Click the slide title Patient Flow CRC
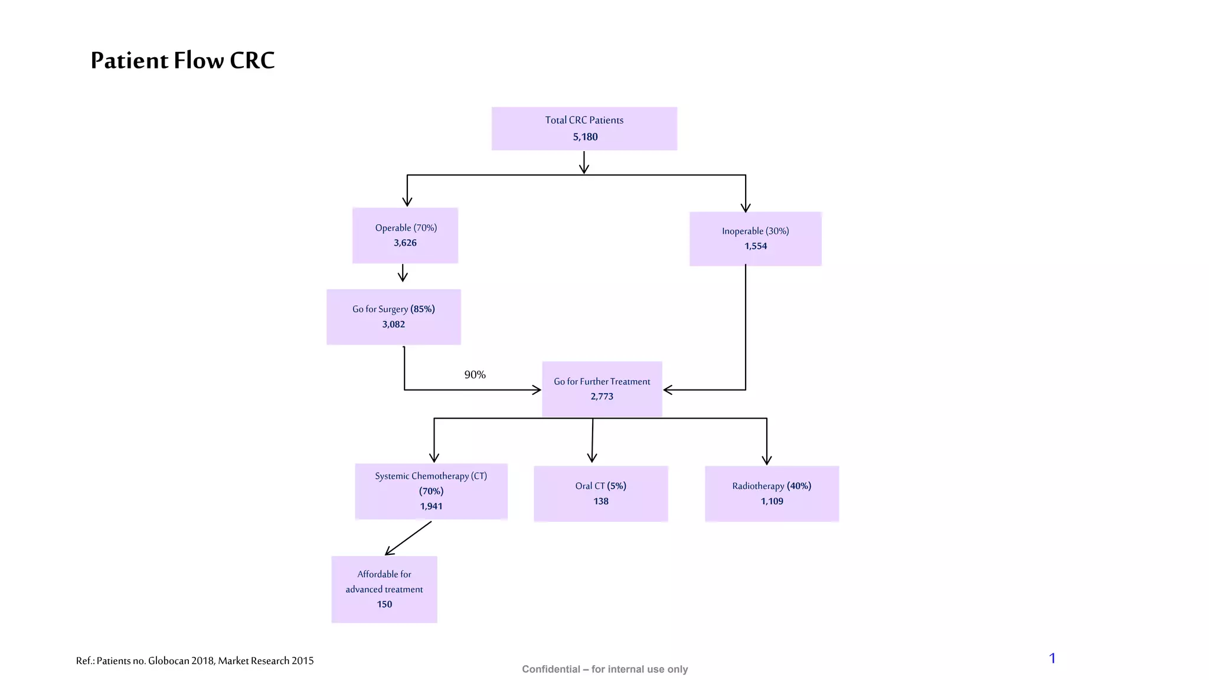tap(182, 60)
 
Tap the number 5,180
tap(585, 137)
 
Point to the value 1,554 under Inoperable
tap(756, 246)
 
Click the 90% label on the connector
tap(475, 375)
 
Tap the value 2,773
tap(602, 397)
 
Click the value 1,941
tap(431, 506)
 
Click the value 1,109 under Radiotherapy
tap(772, 501)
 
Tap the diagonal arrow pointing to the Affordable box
tap(408, 538)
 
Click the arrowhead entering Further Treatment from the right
tap(668, 390)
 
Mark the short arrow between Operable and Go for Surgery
tap(403, 273)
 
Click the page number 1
tap(1052, 658)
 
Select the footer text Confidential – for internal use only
tap(604, 669)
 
